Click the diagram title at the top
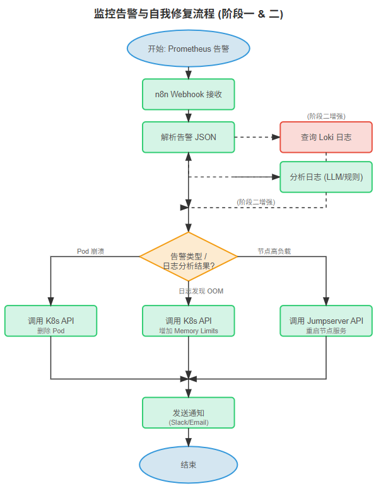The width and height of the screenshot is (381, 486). coord(189,15)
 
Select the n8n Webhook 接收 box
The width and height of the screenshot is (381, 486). coord(189,94)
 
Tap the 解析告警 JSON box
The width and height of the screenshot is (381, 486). coord(189,137)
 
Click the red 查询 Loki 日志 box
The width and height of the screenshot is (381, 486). coord(326,137)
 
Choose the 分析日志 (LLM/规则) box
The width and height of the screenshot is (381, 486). coord(326,177)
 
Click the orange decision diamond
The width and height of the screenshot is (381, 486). coord(189,257)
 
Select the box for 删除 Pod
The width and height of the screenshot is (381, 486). coord(50,321)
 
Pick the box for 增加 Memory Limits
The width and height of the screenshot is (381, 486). coord(189,321)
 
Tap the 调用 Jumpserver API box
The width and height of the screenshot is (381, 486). coord(326,321)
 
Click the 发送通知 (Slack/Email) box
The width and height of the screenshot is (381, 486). coord(189,413)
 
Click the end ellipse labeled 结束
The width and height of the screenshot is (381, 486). coord(189,465)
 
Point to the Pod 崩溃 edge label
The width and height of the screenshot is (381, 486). coord(90,251)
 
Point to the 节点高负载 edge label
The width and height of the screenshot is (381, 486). coord(274,251)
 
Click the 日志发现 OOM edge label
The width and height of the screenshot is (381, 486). coord(201,291)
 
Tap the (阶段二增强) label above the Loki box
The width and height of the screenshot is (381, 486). coord(326,116)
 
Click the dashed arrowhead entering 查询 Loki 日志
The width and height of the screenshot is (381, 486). coord(276,137)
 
